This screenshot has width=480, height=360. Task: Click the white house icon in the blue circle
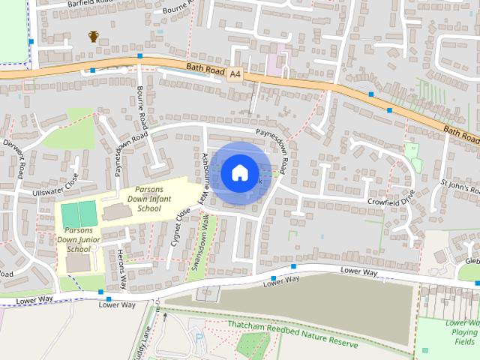239,172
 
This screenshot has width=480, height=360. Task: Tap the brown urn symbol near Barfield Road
94,36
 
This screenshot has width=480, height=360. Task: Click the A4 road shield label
236,73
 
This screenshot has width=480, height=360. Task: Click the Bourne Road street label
142,106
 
